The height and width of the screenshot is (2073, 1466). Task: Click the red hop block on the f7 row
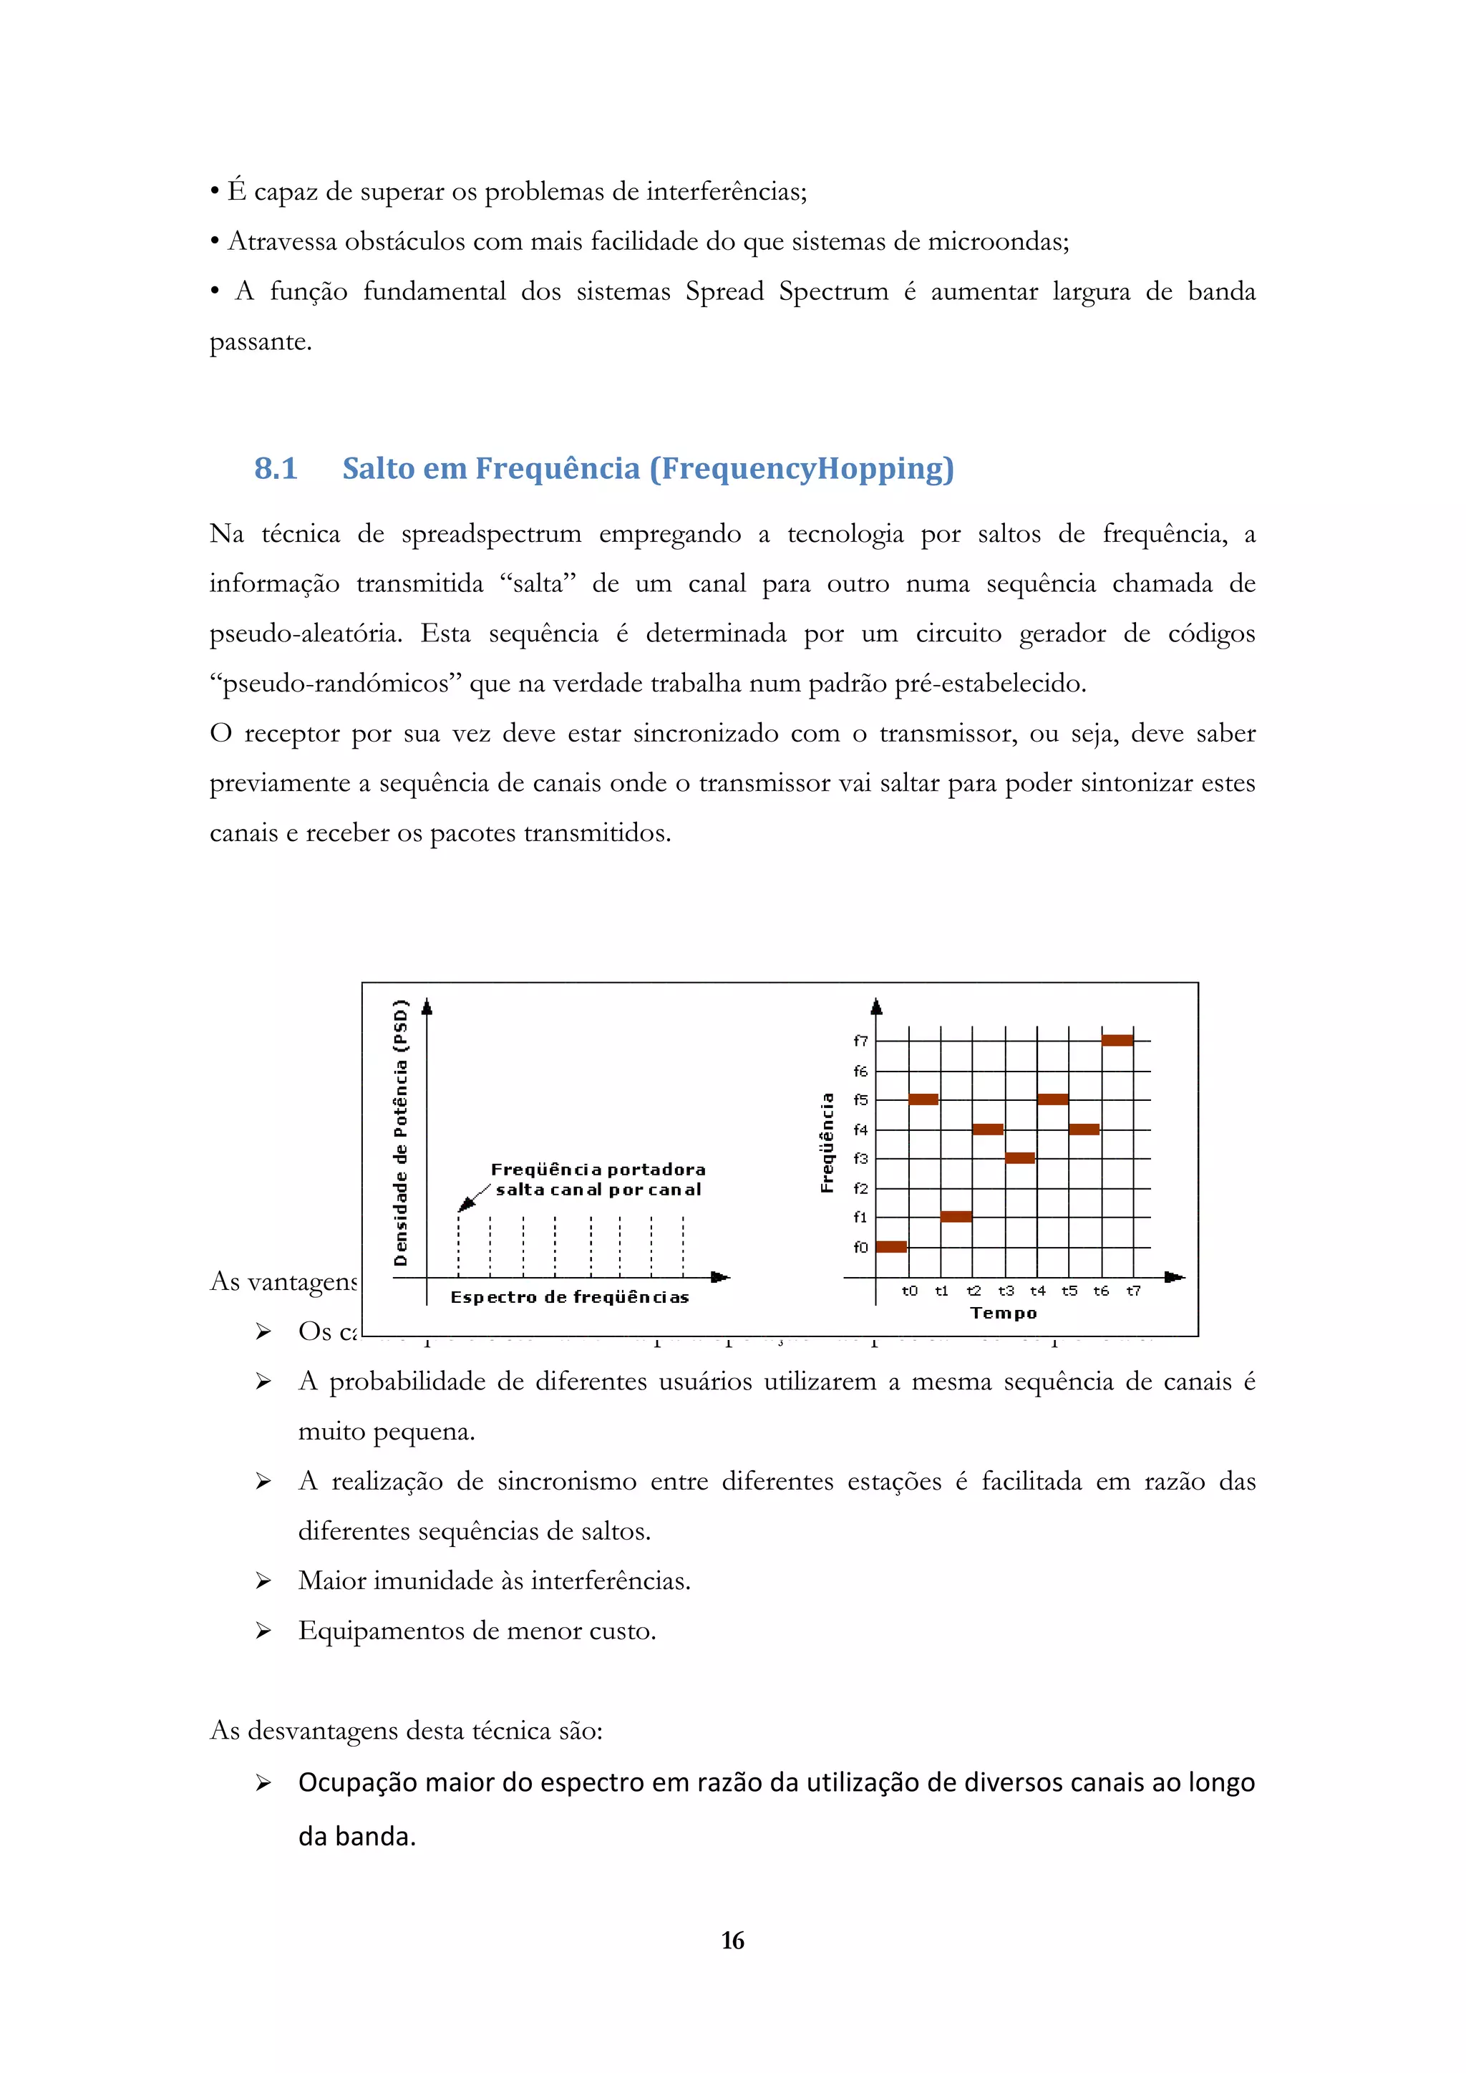[1117, 1040]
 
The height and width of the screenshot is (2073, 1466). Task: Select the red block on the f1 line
[956, 1216]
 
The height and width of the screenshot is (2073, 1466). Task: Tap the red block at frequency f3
[1019, 1157]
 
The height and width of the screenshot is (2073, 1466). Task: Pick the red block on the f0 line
[891, 1247]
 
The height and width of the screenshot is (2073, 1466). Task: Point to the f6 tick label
[860, 1071]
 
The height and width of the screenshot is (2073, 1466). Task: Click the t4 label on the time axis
[1037, 1291]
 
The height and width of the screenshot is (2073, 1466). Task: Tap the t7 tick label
[1133, 1291]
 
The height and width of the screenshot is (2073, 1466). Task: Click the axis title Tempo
[1003, 1313]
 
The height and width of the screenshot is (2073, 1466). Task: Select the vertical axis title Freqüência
[827, 1142]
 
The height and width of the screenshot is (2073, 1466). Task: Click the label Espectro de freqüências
[570, 1298]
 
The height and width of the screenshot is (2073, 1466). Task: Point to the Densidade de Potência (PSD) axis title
[401, 1133]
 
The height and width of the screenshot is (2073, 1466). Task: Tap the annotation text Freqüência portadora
[598, 1169]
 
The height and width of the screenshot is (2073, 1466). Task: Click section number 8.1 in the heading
[276, 469]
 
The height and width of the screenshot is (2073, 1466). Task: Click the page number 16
[732, 1941]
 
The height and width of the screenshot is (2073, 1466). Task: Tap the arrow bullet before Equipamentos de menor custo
[263, 1631]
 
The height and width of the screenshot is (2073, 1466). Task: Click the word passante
[260, 342]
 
